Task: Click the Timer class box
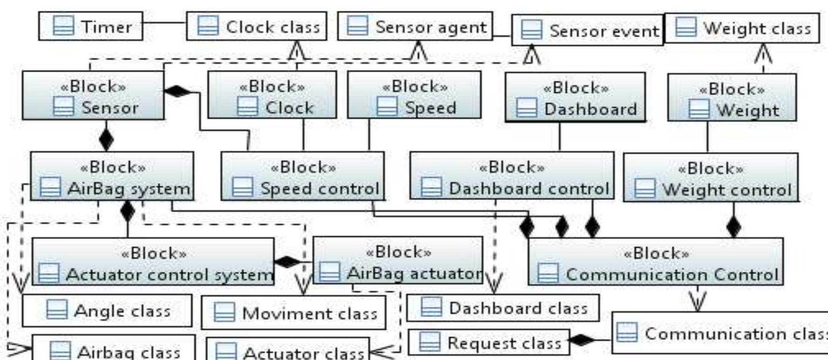tap(90, 27)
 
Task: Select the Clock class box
tap(256, 27)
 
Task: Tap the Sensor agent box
tap(415, 27)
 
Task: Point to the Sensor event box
tap(587, 31)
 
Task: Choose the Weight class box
tap(741, 28)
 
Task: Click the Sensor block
tap(93, 96)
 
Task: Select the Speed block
tap(414, 95)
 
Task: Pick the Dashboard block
tap(575, 97)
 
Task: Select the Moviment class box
tap(294, 312)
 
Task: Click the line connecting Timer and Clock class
tap(164, 22)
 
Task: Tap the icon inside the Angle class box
tap(57, 310)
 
